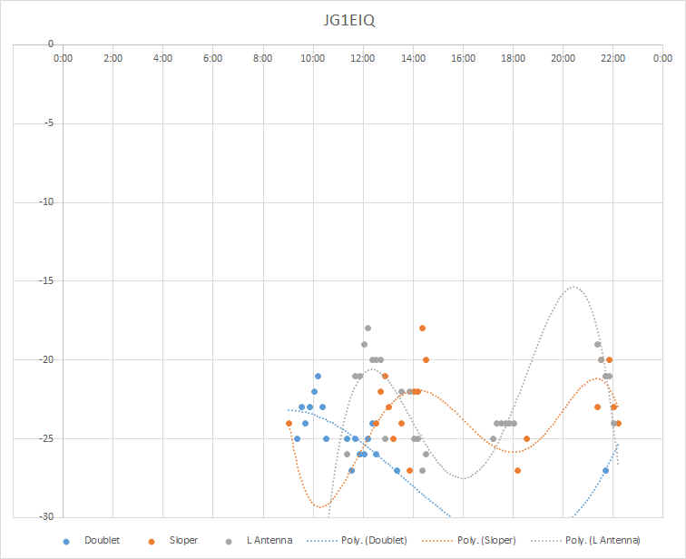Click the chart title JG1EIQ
tap(348, 21)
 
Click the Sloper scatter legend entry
tap(173, 541)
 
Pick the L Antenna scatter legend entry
tap(259, 541)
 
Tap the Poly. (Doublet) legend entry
tap(357, 541)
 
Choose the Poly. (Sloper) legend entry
tap(469, 541)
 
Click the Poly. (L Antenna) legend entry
tap(585, 541)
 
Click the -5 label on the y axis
tap(49, 123)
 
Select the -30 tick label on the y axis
tap(47, 516)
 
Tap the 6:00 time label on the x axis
tap(212, 58)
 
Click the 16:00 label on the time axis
tap(463, 58)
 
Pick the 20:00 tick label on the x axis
tap(563, 58)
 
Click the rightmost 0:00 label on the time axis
tap(662, 58)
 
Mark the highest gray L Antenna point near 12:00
tap(367, 329)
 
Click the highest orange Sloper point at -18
tap(422, 329)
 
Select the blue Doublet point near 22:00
tap(605, 471)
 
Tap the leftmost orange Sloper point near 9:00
tap(289, 424)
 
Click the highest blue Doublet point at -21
tap(318, 377)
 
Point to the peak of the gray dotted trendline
tap(573, 287)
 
